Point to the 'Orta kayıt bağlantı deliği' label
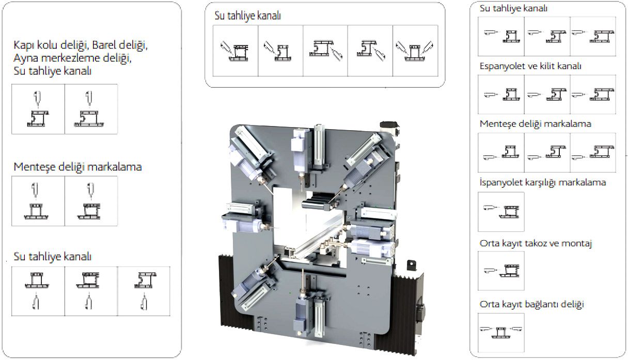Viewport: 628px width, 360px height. click(531, 304)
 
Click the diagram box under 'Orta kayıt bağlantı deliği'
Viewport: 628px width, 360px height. click(501, 329)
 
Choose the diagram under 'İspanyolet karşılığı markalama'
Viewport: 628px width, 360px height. click(501, 212)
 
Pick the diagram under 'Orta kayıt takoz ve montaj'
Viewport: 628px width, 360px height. click(501, 271)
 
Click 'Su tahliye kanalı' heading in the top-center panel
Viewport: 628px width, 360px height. click(247, 15)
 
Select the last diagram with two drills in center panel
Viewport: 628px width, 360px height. click(415, 51)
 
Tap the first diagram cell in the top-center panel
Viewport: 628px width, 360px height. click(235, 51)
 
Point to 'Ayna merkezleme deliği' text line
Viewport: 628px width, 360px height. click(72, 58)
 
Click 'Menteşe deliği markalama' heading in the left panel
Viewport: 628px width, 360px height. click(77, 167)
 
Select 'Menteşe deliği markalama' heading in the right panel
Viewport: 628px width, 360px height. click(536, 124)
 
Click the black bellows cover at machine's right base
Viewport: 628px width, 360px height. click(408, 316)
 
